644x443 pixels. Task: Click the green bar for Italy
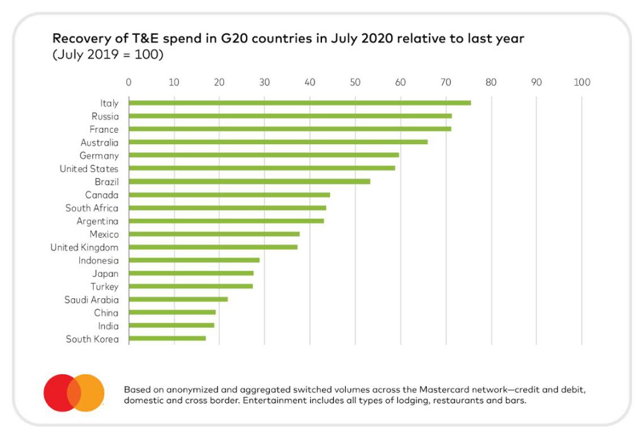click(x=299, y=103)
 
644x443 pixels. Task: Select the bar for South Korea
click(x=167, y=339)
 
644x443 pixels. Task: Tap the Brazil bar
click(x=249, y=181)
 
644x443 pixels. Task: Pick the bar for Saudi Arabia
click(x=178, y=300)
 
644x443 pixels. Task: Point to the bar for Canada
click(x=229, y=194)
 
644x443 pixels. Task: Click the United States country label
click(x=89, y=169)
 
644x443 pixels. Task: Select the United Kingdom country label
click(x=84, y=247)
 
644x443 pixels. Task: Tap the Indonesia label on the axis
click(x=98, y=261)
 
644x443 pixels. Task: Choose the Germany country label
click(x=99, y=155)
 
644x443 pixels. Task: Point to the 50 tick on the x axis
click(x=355, y=82)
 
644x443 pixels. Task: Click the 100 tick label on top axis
click(x=582, y=82)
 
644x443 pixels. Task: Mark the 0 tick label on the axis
click(x=129, y=82)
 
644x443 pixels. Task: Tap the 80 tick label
click(x=491, y=82)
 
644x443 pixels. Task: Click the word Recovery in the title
click(x=77, y=39)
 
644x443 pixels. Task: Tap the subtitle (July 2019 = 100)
click(x=108, y=54)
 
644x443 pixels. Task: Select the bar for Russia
click(x=290, y=116)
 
